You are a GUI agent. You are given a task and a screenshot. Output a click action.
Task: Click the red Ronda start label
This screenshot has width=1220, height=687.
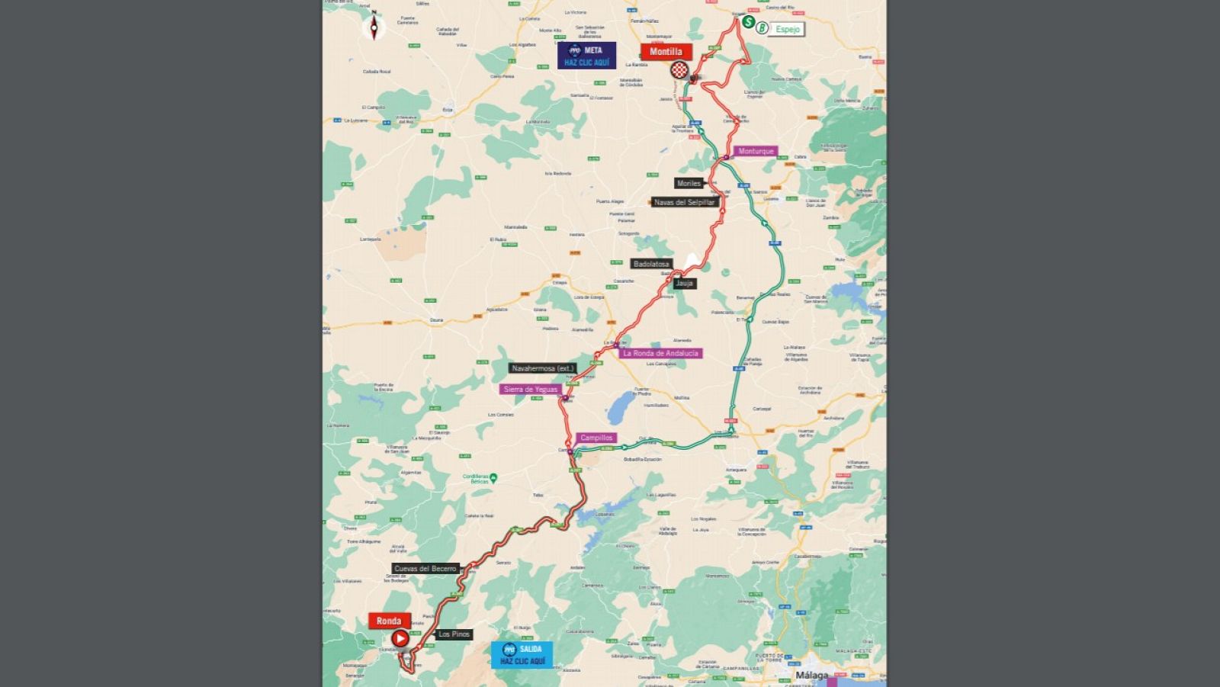pyautogui.click(x=389, y=621)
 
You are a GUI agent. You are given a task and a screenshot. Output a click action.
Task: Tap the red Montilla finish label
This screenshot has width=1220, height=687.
pyautogui.click(x=666, y=52)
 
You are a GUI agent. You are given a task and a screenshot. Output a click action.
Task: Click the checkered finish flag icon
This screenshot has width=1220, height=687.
pyautogui.click(x=679, y=70)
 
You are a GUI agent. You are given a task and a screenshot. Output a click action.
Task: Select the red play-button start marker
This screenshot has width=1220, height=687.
pyautogui.click(x=400, y=638)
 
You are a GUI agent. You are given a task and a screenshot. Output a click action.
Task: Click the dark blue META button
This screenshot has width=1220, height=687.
pyautogui.click(x=586, y=56)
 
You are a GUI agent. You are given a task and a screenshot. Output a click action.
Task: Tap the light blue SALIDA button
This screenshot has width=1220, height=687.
pyautogui.click(x=522, y=654)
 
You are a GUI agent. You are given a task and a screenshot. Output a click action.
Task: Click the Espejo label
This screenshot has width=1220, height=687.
pyautogui.click(x=787, y=29)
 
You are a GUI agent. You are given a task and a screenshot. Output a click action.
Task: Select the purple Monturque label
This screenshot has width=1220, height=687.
pyautogui.click(x=756, y=151)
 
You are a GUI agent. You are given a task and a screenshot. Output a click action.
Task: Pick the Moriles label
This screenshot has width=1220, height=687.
pyautogui.click(x=689, y=183)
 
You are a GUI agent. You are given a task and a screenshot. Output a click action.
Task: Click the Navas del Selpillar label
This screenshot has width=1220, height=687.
pyautogui.click(x=684, y=202)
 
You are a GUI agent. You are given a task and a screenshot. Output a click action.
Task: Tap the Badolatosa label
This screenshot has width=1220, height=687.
pyautogui.click(x=651, y=264)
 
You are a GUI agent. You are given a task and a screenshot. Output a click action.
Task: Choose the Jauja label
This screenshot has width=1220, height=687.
pyautogui.click(x=684, y=283)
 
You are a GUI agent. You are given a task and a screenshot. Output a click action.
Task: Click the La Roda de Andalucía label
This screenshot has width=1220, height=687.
pyautogui.click(x=660, y=353)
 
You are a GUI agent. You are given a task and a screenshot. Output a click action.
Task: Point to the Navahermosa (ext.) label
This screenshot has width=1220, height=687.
pyautogui.click(x=542, y=368)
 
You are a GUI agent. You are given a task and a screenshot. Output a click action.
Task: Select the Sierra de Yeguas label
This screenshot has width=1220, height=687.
pyautogui.click(x=531, y=389)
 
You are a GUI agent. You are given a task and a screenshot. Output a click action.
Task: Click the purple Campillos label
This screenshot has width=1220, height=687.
pyautogui.click(x=596, y=438)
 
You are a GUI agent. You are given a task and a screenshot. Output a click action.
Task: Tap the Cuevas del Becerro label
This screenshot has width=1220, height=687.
pyautogui.click(x=425, y=568)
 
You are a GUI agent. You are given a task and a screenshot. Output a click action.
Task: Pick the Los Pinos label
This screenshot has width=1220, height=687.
pyautogui.click(x=454, y=634)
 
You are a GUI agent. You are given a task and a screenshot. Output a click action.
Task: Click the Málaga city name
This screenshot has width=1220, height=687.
pyautogui.click(x=811, y=675)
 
